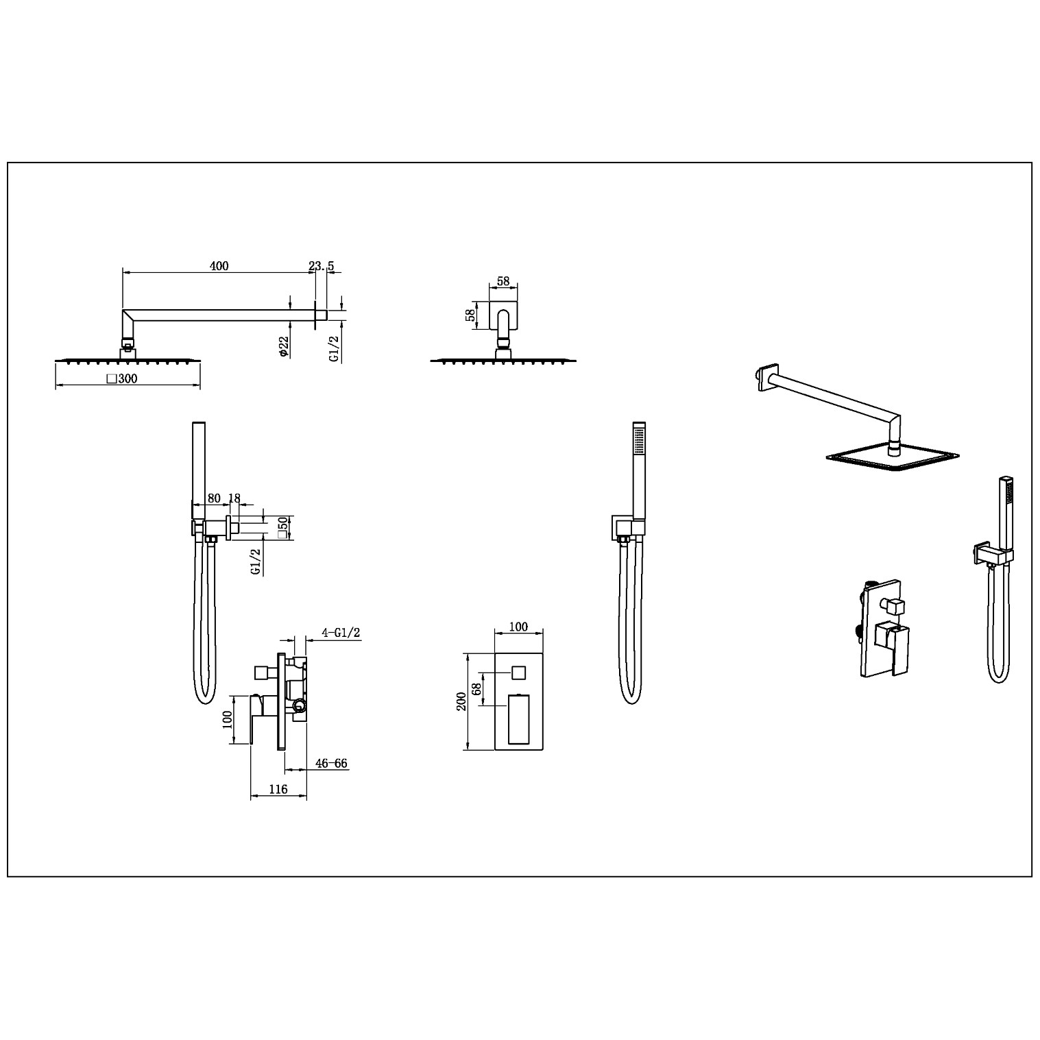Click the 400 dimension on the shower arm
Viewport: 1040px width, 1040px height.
[x=219, y=266]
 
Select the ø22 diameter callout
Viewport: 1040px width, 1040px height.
[x=283, y=346]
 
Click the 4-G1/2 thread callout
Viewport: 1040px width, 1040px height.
[x=341, y=633]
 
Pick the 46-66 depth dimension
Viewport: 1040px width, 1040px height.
[x=332, y=763]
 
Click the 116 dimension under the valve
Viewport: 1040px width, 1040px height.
[x=278, y=789]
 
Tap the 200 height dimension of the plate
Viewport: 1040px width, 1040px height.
[x=461, y=701]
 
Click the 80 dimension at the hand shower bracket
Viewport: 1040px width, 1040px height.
[x=214, y=498]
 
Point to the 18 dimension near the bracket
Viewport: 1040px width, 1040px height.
[x=234, y=498]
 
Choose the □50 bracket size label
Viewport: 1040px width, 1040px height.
[x=282, y=528]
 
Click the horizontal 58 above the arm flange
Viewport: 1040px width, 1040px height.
[x=503, y=281]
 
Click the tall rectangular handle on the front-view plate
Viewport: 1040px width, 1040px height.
[x=518, y=719]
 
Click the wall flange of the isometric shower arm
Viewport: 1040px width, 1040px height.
[x=767, y=378]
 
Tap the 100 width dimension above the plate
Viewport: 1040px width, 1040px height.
[x=519, y=627]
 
